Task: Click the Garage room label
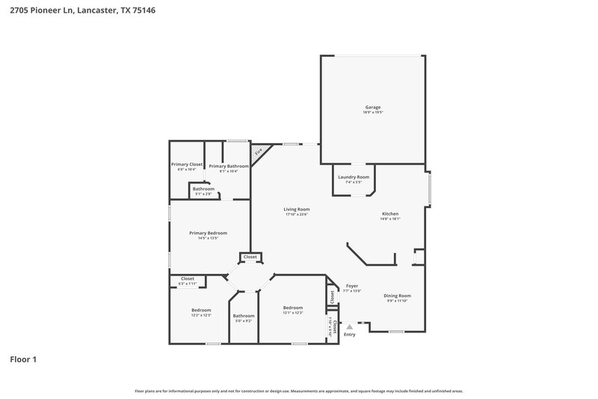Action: tap(373, 108)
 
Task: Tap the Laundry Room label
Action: tap(354, 177)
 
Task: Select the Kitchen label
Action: tap(390, 214)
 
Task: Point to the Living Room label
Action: tap(296, 209)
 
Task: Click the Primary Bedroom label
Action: tap(207, 233)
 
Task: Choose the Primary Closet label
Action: tap(186, 164)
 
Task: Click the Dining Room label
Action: tap(398, 296)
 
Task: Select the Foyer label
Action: tap(352, 286)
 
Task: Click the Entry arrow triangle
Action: tap(349, 326)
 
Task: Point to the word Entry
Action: tap(349, 334)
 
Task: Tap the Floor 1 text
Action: tap(23, 359)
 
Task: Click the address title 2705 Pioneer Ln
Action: tap(83, 11)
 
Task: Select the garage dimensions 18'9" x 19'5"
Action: tap(373, 113)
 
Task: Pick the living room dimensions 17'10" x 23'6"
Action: tap(296, 214)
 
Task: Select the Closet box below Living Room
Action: tap(250, 257)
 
